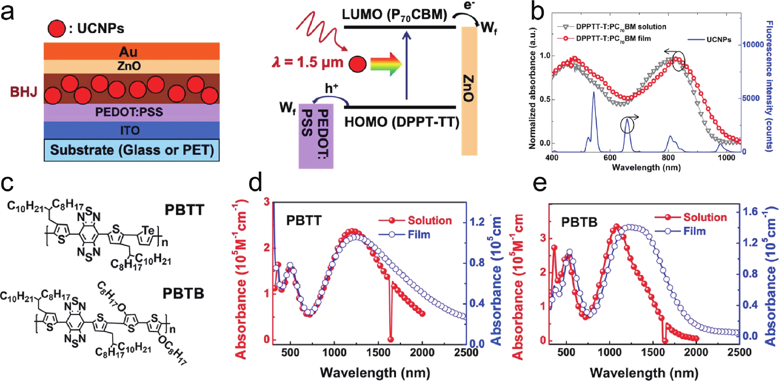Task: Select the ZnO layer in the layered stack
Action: click(x=129, y=66)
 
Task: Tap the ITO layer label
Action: click(x=130, y=130)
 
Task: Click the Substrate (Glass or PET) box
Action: click(x=132, y=150)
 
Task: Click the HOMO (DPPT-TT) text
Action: click(x=402, y=122)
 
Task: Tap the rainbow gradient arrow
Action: click(x=386, y=64)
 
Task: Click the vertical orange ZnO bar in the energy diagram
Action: click(x=469, y=91)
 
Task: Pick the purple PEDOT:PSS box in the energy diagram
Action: click(x=316, y=136)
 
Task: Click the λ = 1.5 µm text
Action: click(x=308, y=63)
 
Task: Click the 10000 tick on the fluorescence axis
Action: click(x=753, y=45)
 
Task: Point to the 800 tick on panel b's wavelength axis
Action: click(x=668, y=158)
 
